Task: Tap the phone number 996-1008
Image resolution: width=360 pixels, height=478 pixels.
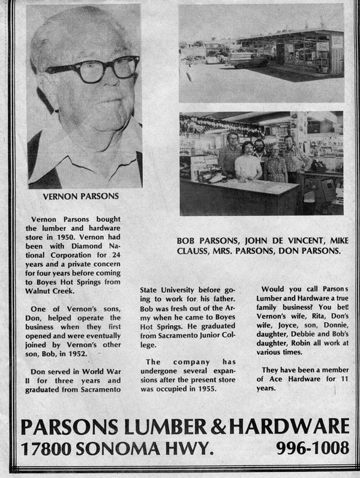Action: (313, 447)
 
